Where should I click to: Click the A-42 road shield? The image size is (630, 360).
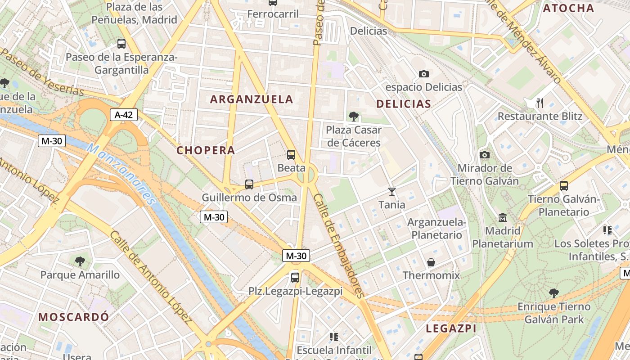[x=124, y=115]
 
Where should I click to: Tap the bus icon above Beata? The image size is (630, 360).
[x=291, y=155]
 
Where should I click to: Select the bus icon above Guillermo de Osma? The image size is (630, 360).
[x=249, y=184]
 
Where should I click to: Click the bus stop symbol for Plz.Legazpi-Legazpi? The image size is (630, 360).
[x=295, y=277]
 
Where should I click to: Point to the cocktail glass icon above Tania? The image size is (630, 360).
[x=392, y=192]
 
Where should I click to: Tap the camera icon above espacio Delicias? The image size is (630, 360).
[x=423, y=74]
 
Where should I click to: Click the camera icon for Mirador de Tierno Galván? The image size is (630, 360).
[x=485, y=155]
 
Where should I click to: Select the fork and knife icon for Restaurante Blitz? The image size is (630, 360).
[x=540, y=103]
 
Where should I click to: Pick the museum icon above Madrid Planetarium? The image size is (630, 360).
[x=503, y=218]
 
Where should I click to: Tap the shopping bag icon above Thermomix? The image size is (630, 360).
[x=431, y=262]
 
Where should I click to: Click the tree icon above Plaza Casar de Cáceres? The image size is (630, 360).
[x=354, y=117]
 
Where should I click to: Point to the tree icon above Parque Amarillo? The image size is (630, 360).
[x=80, y=261]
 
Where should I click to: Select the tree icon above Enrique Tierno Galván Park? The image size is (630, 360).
[x=554, y=293]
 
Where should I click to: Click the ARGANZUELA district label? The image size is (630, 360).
[x=252, y=99]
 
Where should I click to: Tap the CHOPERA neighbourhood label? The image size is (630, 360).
[x=206, y=150]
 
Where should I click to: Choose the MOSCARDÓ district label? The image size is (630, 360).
[x=73, y=316]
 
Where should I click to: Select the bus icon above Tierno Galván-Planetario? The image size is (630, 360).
[x=564, y=185]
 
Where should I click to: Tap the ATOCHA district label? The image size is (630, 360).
[x=568, y=8]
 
